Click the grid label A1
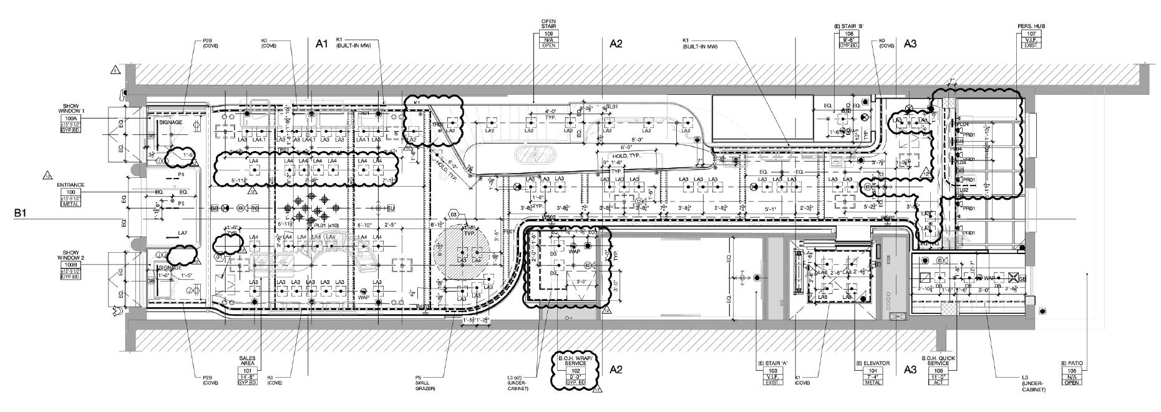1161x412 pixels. click(x=322, y=44)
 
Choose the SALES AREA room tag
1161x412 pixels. click(x=247, y=370)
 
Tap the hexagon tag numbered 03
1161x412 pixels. click(x=454, y=214)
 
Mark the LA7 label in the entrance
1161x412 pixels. click(x=182, y=233)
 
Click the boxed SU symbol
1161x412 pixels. click(x=391, y=208)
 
